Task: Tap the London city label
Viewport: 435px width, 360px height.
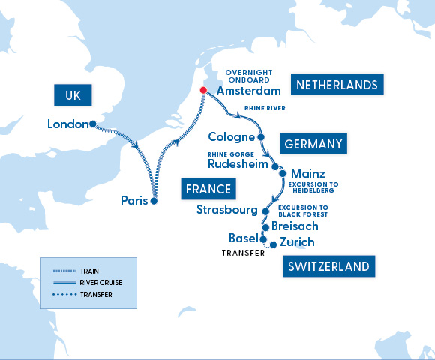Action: tap(67, 124)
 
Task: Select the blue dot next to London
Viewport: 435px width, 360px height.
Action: tap(92, 124)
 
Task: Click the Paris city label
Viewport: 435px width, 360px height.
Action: tap(134, 200)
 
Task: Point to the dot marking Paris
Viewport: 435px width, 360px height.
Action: tap(154, 201)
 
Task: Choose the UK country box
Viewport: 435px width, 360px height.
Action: tap(73, 95)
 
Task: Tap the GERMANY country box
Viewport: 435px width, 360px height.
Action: tap(313, 144)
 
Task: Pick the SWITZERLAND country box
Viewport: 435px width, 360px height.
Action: tap(328, 266)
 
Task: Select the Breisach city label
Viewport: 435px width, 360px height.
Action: tap(295, 226)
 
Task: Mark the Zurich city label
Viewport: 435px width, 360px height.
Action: tap(296, 242)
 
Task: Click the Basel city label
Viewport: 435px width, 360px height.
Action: tap(243, 238)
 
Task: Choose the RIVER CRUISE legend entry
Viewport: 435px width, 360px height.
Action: tap(88, 283)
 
